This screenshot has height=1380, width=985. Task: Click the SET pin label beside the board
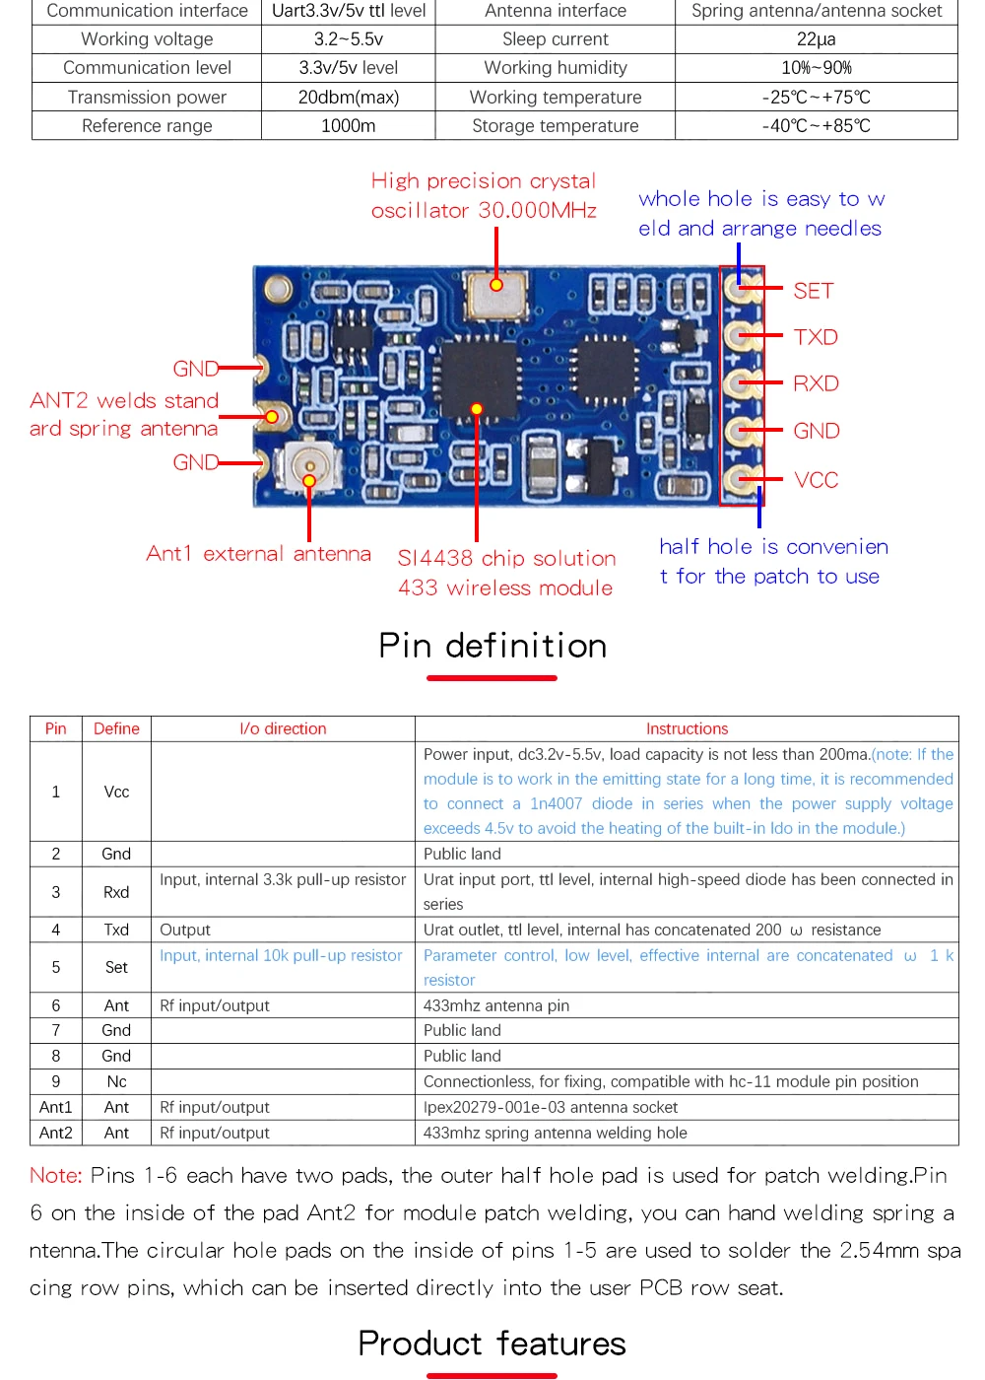point(814,291)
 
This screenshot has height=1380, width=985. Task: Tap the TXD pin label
point(816,337)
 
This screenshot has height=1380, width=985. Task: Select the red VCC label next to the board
point(817,480)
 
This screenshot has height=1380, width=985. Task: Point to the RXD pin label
point(816,383)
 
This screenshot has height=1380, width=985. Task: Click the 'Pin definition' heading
point(492,646)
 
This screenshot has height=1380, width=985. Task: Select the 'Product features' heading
point(492,1344)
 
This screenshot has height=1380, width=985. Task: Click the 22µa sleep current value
point(816,39)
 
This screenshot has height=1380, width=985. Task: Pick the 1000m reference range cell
point(348,126)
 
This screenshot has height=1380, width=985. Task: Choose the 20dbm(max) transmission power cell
point(348,98)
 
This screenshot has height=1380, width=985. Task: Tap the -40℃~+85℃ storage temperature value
point(816,126)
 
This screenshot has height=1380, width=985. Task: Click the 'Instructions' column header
point(687,728)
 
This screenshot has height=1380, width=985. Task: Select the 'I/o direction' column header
point(283,728)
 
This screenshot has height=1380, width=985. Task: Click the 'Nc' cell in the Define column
point(116,1081)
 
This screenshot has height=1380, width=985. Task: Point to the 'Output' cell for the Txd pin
point(185,930)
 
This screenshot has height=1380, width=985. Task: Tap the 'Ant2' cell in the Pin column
point(56,1133)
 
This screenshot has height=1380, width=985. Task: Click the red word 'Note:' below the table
point(56,1175)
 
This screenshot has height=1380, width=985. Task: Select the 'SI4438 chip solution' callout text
point(506,558)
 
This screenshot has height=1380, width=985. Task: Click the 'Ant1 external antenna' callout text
point(258,554)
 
